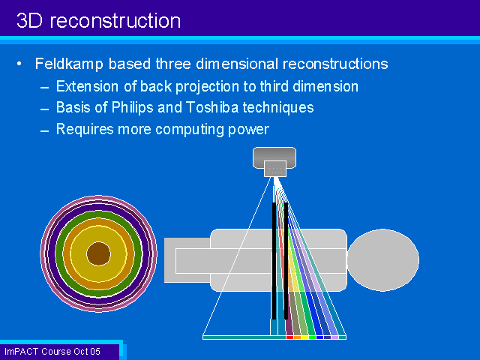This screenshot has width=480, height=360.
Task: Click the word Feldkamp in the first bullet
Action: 69,64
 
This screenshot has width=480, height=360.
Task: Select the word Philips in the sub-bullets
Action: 132,108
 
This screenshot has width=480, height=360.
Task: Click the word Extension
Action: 87,86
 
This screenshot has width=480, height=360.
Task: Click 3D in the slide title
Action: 29,21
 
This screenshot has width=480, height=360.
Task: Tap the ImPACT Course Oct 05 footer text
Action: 52,352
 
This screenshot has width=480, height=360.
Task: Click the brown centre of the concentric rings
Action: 98,253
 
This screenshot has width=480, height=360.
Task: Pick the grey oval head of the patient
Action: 383,260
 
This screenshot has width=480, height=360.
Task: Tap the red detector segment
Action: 289,337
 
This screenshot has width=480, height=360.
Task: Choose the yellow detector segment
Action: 304,337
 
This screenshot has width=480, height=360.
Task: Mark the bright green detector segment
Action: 312,337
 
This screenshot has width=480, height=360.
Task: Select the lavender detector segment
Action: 335,337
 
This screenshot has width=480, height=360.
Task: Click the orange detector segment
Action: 297,337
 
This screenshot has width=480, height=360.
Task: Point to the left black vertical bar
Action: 274,261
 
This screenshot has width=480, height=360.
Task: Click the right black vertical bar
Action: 286,261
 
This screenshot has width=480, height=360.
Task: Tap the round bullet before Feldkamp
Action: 19,64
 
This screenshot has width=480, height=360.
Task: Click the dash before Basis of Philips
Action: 45,109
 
